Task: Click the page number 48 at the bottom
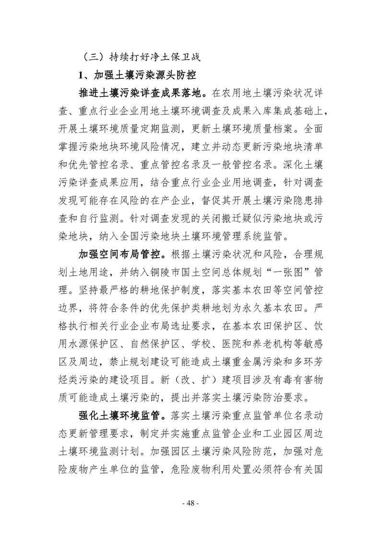(190, 503)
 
